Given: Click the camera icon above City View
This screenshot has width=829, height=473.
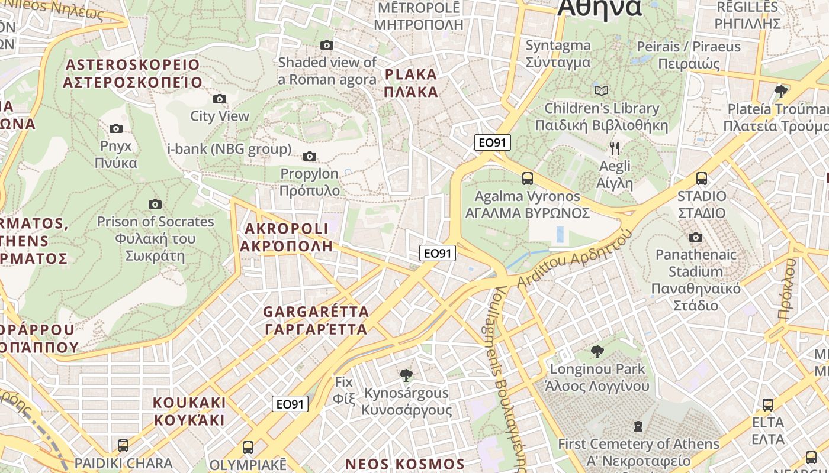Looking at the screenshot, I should coord(220,99).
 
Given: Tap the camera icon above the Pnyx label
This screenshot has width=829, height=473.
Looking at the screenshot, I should coord(116,128).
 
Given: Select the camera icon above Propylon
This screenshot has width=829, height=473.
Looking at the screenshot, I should coord(309,157).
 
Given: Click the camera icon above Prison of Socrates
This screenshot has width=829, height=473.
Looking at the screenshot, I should coord(155,205).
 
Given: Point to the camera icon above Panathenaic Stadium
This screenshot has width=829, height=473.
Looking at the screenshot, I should coord(696,238).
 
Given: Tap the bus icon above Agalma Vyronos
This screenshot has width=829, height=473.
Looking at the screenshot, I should coord(527,179).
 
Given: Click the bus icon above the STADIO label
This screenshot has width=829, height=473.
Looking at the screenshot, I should coord(702,179).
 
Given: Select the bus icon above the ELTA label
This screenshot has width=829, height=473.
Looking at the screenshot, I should coord(768,405).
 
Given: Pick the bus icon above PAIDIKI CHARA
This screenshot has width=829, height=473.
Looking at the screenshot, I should coord(123,445).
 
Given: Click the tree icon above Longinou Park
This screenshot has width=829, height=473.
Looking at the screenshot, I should coord(597,352).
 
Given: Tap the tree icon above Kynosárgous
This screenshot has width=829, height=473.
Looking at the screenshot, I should coord(406,375).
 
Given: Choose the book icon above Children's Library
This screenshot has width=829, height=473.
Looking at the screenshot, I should coord(602,91).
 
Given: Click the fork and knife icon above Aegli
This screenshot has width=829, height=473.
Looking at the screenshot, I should coord(615,148).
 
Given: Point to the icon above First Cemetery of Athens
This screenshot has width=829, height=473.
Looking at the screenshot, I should coord(638,426).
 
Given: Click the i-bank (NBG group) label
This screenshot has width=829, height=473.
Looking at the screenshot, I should coord(230,150).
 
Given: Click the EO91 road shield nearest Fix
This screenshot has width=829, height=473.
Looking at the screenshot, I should coord(290,404).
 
